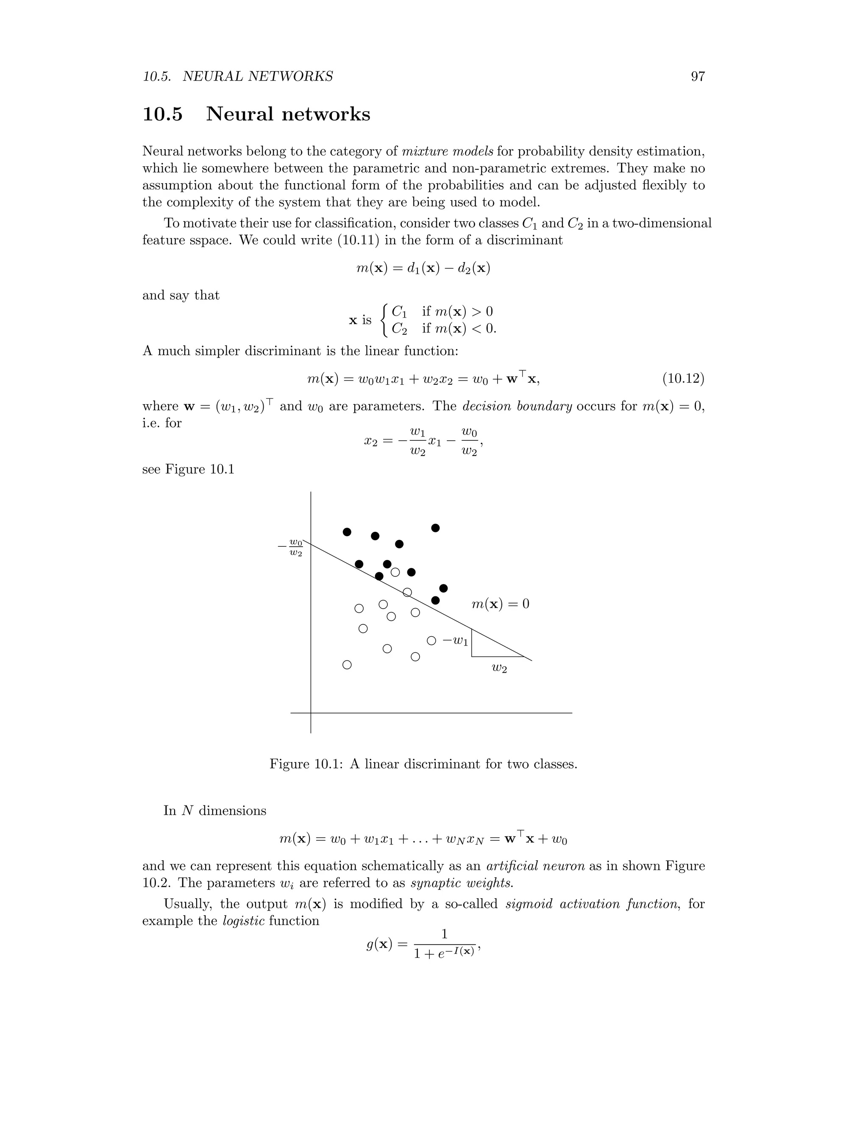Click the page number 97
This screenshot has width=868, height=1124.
pyautogui.click(x=697, y=77)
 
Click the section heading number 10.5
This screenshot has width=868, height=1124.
pyautogui.click(x=162, y=114)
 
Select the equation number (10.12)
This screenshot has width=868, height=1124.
pyautogui.click(x=683, y=379)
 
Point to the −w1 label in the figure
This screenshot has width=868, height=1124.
pyautogui.click(x=456, y=641)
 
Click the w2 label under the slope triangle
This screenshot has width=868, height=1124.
pyautogui.click(x=499, y=668)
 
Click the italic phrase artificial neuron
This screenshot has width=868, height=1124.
pyautogui.click(x=535, y=866)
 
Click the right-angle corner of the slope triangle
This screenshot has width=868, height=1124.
pyautogui.click(x=472, y=657)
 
